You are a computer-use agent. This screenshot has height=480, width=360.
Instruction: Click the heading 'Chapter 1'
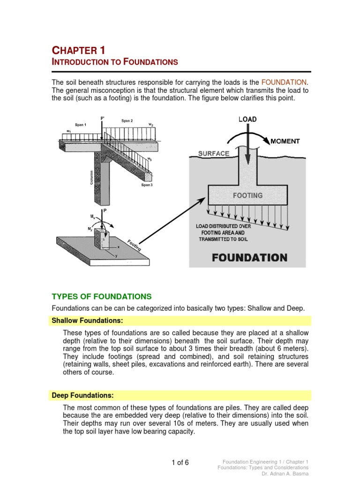coord(78,50)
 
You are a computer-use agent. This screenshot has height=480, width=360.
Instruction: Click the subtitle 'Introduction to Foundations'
coord(114,62)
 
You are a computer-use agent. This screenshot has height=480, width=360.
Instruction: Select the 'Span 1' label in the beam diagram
coord(80,125)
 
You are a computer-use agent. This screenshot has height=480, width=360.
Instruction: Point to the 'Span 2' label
coord(127,120)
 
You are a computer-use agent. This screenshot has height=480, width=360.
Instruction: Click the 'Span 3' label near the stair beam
coord(147,185)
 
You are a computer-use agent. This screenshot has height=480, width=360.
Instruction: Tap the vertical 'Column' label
coord(92,177)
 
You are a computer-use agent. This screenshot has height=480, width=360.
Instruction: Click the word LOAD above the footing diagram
coord(247,119)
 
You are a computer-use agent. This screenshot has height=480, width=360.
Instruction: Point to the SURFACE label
coord(214,153)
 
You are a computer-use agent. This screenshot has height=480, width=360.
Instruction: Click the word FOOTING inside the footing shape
coord(248,195)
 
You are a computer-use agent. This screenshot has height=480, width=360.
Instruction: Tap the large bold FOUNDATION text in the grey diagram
coord(249,257)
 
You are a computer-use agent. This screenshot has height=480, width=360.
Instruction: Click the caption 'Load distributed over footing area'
coord(223,232)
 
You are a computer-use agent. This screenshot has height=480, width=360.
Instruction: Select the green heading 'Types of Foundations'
coord(101,296)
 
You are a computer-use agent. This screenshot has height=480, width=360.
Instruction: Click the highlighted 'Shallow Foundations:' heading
coord(87,321)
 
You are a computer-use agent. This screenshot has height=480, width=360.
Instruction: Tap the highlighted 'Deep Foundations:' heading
coord(82,395)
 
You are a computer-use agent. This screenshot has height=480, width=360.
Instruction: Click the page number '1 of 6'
coord(180,462)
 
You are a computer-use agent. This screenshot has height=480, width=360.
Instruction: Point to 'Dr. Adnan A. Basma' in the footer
coord(285,474)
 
